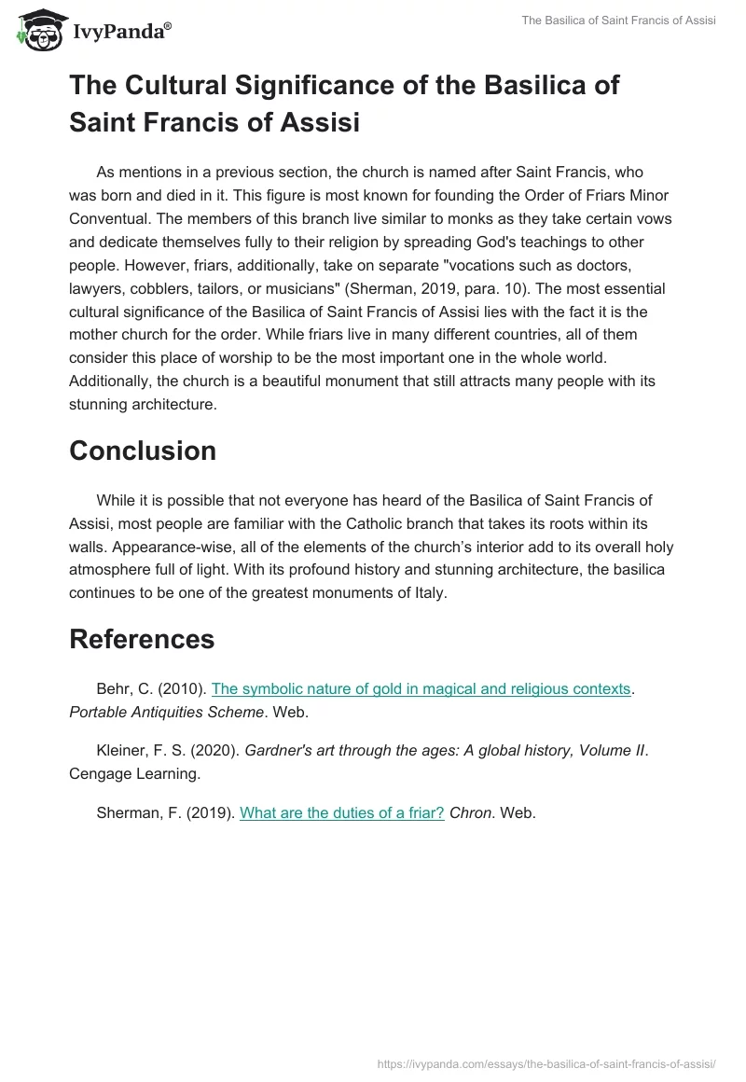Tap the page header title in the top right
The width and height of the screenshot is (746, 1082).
pos(618,22)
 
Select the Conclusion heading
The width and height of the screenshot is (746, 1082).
pos(142,451)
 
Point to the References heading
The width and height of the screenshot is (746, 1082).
pos(142,639)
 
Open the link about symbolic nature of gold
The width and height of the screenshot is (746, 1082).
pos(421,689)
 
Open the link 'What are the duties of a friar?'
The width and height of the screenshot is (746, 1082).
pos(342,812)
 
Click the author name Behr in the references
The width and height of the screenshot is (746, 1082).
pos(113,689)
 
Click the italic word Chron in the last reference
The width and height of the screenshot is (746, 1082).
pos(471,812)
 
